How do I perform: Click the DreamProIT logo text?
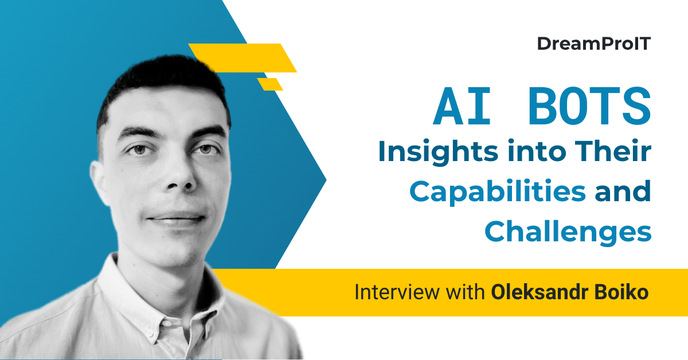594,44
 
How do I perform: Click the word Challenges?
568,232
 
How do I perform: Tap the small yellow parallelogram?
270,84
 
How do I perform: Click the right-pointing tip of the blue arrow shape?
325,181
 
